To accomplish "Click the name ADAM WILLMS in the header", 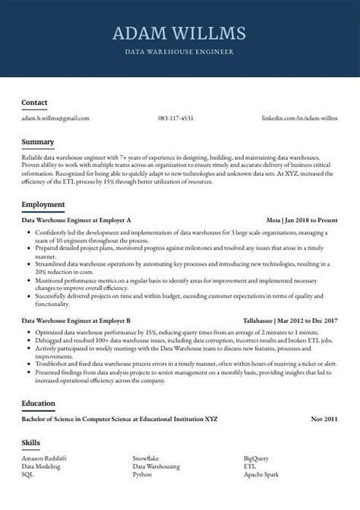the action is click(179, 33).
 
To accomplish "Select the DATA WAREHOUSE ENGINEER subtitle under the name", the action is click(179, 52).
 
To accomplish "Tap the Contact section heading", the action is click(34, 102).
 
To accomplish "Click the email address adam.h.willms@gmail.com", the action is click(55, 118).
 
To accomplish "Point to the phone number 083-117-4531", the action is click(175, 118).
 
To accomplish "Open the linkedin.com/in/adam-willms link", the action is click(299, 118).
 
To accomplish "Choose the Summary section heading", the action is click(38, 142).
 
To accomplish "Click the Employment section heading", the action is click(43, 205).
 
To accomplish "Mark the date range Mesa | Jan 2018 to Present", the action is click(302, 218).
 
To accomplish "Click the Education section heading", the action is click(39, 403).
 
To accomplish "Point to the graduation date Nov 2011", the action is click(324, 419).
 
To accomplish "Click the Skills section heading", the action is click(31, 442).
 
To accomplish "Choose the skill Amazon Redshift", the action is click(44, 458).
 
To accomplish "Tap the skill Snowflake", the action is click(145, 458).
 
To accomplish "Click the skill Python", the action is click(142, 473).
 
